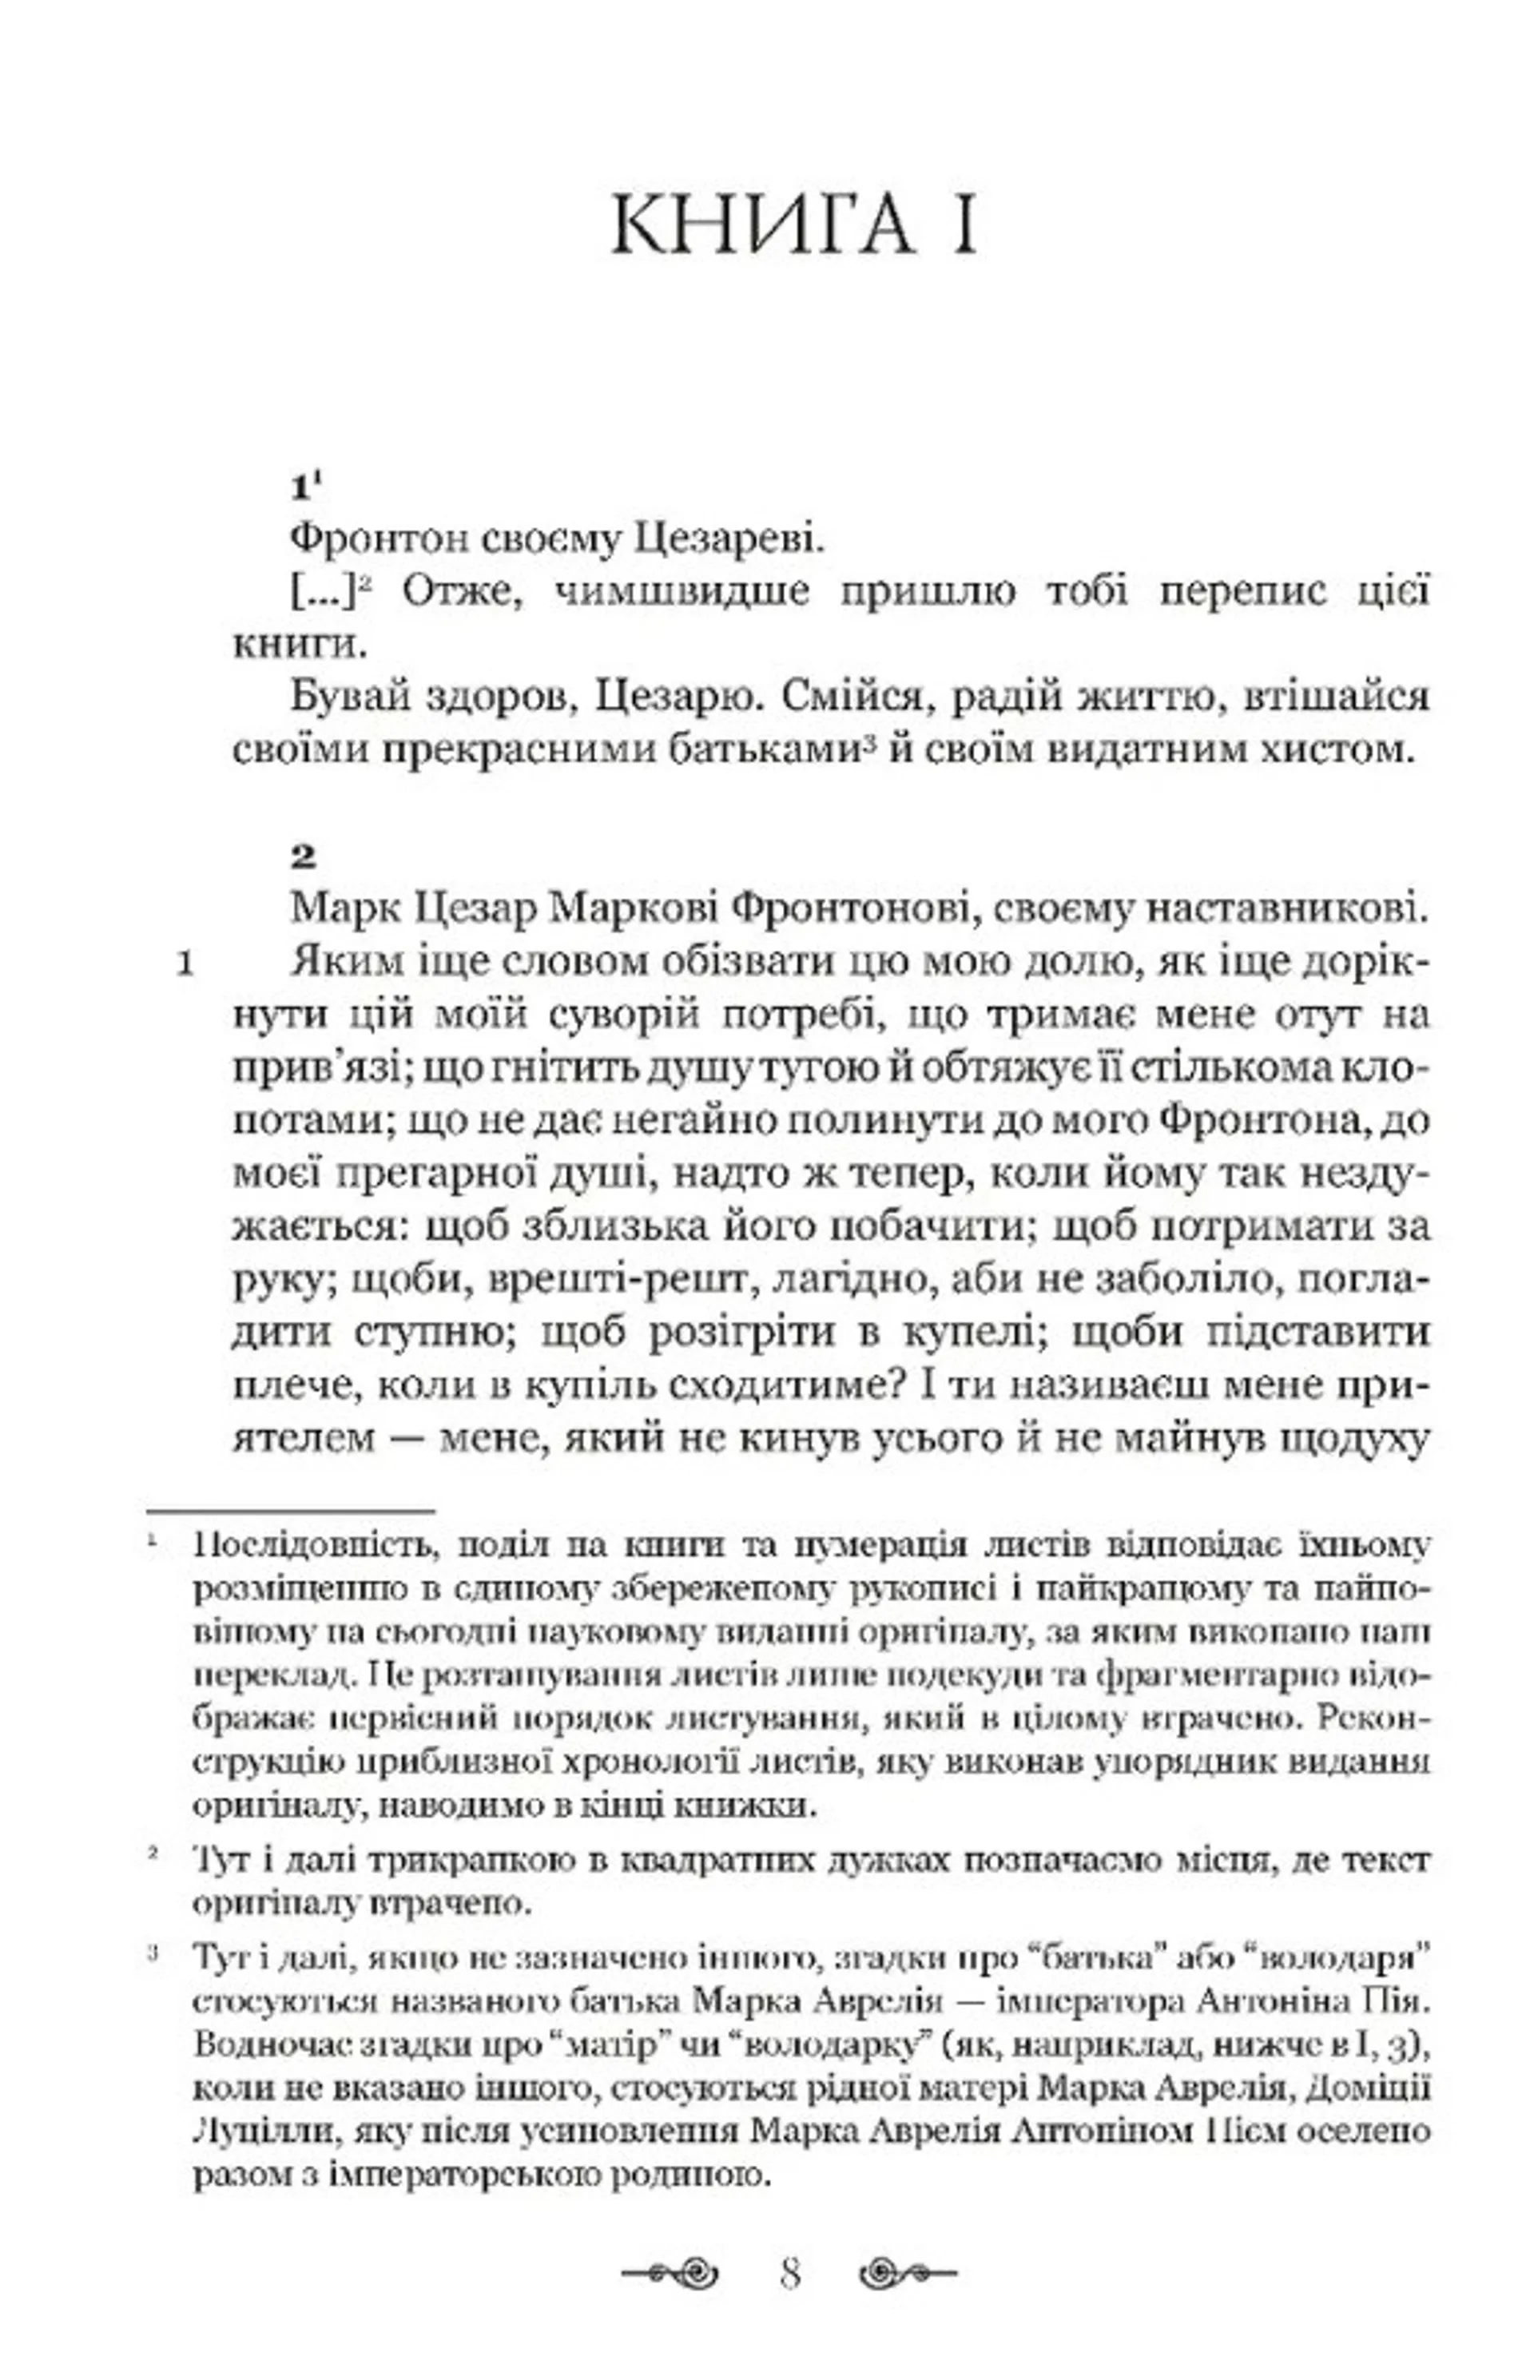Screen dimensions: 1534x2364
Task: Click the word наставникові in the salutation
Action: (x=1274, y=909)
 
